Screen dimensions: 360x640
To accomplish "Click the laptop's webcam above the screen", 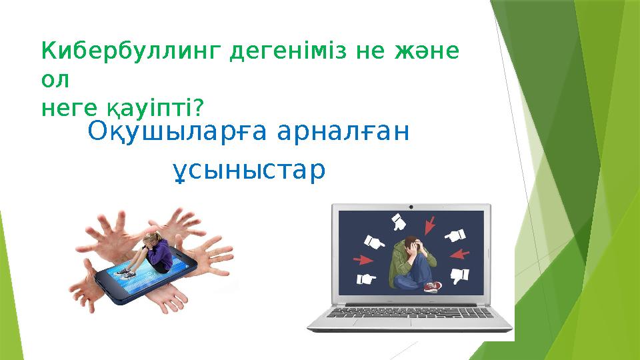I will click(411, 207).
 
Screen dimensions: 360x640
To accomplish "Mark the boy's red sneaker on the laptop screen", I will click(433, 287).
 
